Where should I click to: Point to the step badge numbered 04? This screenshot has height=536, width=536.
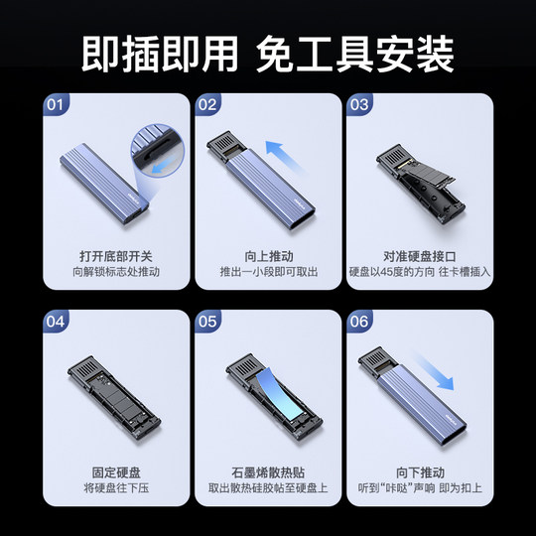click(58, 322)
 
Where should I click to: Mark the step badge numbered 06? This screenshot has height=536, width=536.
click(358, 322)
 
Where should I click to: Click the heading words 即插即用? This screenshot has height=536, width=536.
click(160, 48)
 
